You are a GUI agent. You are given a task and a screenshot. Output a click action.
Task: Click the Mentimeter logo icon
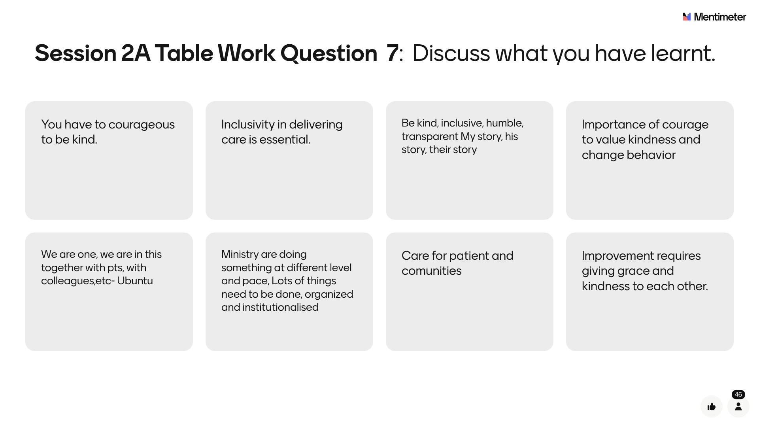(x=687, y=17)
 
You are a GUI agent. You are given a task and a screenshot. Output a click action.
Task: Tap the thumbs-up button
(x=712, y=406)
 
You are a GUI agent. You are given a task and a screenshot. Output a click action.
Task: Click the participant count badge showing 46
(x=738, y=395)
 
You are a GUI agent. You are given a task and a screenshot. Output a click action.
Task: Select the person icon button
(x=738, y=406)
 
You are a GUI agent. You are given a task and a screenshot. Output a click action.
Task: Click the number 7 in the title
(x=392, y=53)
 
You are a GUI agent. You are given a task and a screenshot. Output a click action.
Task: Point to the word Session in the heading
(x=76, y=53)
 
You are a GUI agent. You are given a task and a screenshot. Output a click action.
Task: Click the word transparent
(x=430, y=136)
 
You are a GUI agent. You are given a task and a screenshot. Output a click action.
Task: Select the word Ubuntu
(x=135, y=281)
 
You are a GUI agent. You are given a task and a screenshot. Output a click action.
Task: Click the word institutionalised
(x=280, y=307)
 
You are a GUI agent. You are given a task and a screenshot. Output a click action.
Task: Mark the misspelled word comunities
(x=431, y=271)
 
